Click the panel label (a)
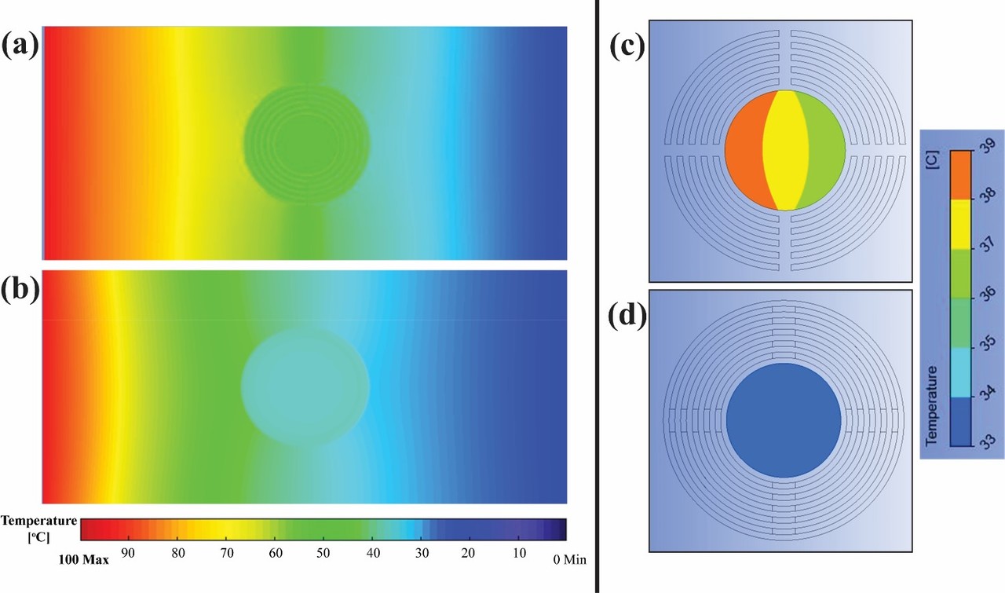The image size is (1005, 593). tap(20, 48)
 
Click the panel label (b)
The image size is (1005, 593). tap(20, 289)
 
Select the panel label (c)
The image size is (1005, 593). tap(627, 48)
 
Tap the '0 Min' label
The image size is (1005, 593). tap(568, 560)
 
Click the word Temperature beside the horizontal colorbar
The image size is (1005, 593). tap(39, 520)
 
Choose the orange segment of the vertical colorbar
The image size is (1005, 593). tap(961, 174)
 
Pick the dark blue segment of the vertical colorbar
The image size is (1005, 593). tap(961, 421)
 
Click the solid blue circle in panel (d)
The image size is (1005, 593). tap(784, 420)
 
